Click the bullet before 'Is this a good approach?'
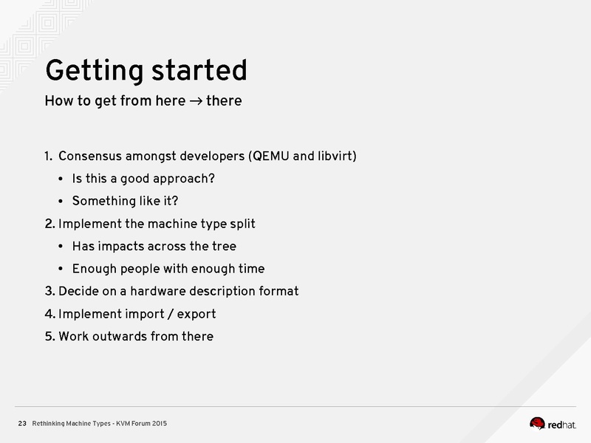point(60,179)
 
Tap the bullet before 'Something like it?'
point(60,202)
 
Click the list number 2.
point(49,224)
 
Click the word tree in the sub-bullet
point(223,247)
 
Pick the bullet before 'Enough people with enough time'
point(60,269)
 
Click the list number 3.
point(49,291)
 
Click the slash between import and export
point(170,314)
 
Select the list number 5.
point(49,337)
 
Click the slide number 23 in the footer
point(22,423)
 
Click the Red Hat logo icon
point(538,423)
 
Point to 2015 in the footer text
point(160,423)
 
